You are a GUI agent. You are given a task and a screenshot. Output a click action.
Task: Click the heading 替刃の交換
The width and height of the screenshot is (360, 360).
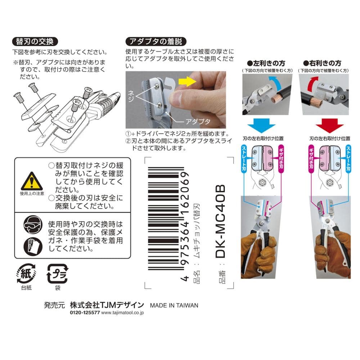point(35,41)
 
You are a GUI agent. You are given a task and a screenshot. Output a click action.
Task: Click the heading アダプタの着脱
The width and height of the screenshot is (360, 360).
point(156,41)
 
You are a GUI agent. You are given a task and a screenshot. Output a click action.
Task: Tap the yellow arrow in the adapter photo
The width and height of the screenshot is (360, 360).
point(187,81)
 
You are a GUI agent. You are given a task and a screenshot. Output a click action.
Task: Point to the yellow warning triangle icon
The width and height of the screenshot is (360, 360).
point(32,181)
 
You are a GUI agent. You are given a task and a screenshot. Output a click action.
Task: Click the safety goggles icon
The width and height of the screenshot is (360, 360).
point(33,225)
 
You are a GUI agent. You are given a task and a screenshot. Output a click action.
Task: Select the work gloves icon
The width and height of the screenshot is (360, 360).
point(33,247)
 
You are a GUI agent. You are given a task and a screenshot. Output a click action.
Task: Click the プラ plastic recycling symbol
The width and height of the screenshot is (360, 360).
point(57,274)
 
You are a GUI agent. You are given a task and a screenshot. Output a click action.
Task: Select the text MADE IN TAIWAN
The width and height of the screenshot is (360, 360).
point(174,305)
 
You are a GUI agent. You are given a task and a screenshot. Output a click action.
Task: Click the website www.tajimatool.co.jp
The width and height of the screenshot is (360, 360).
point(122,313)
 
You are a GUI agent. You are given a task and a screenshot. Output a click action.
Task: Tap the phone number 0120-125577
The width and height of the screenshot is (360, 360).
point(85,312)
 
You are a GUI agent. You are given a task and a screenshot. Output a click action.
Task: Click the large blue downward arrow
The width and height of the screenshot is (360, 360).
point(261,126)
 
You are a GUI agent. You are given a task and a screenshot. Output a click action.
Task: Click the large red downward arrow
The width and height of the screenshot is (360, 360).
point(329,126)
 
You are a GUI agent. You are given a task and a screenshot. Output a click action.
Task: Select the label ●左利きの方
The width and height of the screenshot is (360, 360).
point(266,63)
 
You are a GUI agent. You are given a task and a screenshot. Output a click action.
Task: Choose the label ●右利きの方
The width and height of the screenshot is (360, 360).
point(322,63)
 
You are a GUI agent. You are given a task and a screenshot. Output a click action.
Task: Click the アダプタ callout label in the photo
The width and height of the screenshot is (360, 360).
point(198,121)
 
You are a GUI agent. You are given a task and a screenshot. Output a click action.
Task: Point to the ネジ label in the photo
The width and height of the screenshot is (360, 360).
point(131,96)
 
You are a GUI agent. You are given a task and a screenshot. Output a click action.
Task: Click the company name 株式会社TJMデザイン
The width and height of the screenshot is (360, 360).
point(107,305)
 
